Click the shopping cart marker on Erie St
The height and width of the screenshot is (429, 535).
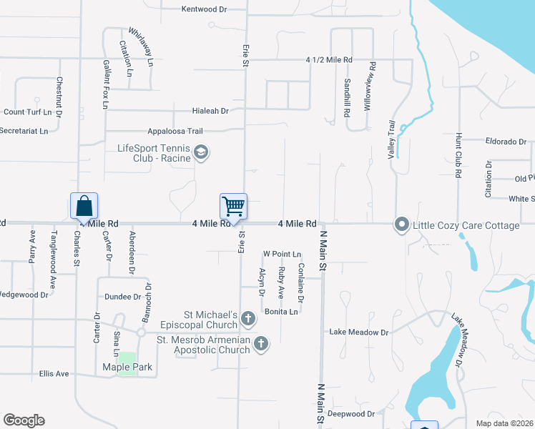point(234,207)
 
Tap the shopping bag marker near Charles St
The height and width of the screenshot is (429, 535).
point(84,207)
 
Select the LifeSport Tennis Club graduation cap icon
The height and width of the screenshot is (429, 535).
point(202,152)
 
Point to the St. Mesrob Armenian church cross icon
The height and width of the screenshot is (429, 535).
point(261,344)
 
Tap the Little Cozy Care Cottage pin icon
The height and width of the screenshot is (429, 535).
point(402,225)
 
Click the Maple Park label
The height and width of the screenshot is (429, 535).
point(127,368)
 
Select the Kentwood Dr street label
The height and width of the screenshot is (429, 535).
point(204,9)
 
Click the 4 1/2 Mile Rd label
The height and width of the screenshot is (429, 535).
point(329,60)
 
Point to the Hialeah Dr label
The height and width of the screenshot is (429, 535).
point(210,111)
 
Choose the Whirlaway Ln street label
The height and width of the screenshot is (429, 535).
point(142,47)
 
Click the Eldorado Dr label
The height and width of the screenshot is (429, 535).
point(506,142)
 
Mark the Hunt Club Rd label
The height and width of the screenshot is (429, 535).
point(457,155)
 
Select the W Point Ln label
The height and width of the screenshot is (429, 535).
point(282,254)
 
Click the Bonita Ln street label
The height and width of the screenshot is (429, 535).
point(281,312)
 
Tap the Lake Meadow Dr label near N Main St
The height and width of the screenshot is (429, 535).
point(358,332)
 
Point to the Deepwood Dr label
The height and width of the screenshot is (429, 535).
point(351,414)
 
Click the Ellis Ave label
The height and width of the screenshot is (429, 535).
point(54,374)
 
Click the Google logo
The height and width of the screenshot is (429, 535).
point(24,420)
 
